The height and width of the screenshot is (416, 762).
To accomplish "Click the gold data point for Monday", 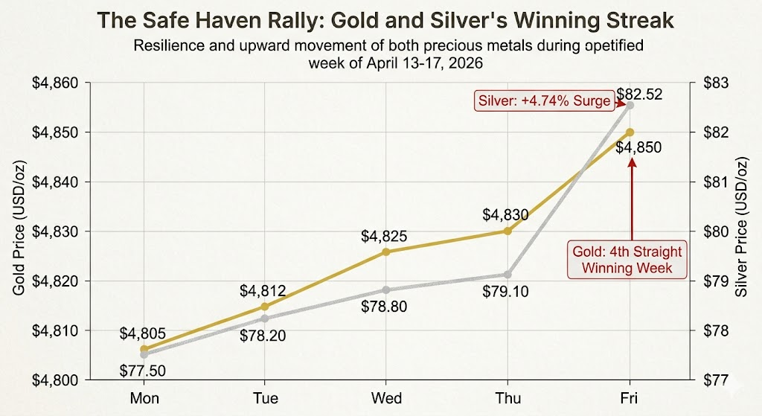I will point(144,348).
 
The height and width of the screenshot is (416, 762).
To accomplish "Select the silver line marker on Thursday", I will point(508,275).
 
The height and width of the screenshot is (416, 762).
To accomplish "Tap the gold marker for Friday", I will point(630,132).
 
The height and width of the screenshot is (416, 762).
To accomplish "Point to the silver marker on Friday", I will point(630,105).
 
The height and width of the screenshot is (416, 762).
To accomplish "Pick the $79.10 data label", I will point(505,292).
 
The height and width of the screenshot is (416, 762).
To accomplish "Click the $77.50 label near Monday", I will point(143,370).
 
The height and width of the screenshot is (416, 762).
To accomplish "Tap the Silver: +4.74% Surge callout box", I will point(543,101).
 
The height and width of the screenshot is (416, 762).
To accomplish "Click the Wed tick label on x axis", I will point(387,398).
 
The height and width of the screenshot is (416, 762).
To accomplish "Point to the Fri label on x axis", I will point(630,398).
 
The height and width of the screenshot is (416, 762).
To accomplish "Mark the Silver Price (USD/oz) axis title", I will point(740,231).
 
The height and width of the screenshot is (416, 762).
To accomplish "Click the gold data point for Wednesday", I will point(386,252).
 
